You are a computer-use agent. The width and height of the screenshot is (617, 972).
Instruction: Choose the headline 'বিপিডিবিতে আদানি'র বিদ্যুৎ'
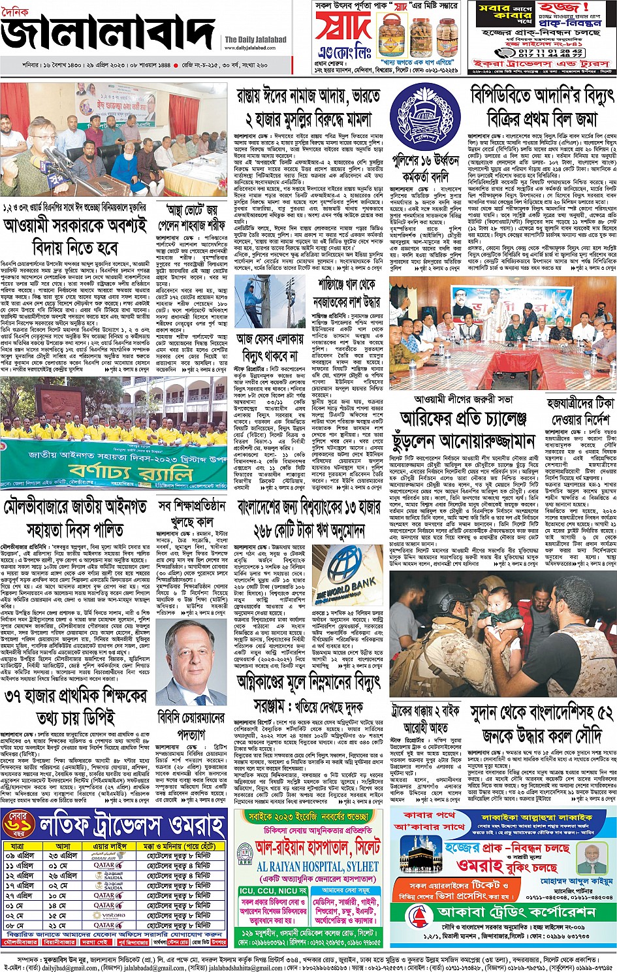click(x=541, y=96)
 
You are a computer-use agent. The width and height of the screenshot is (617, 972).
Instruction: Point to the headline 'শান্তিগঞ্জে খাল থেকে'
click(x=347, y=285)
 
